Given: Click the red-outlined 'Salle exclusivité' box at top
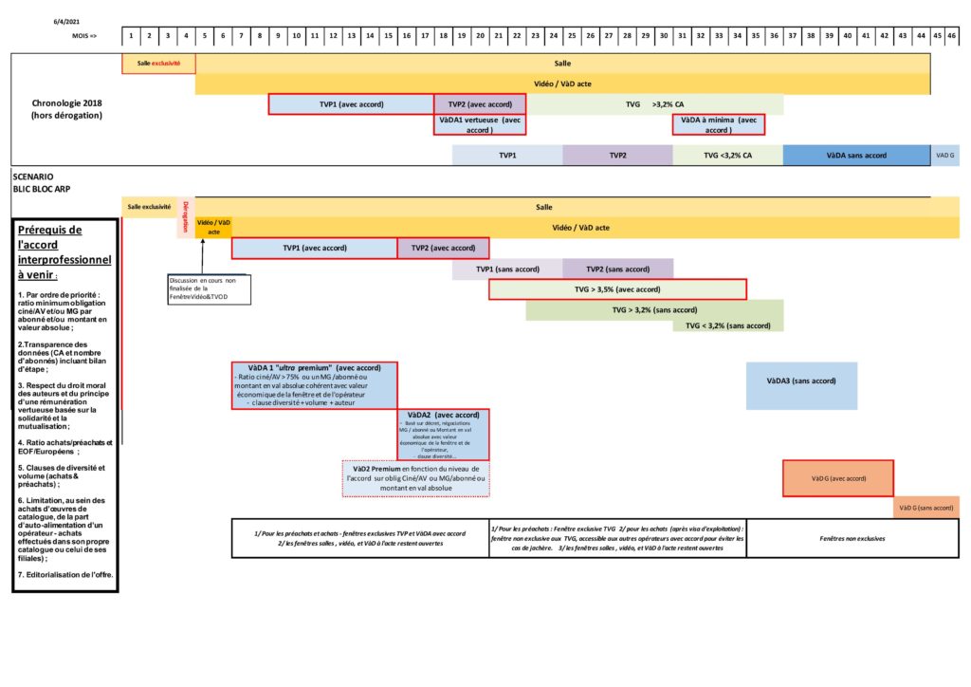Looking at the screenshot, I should click(x=158, y=64).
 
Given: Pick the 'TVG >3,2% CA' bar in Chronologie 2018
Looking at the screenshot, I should click(x=655, y=103).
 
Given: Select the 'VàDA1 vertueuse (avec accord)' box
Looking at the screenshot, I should click(x=480, y=124).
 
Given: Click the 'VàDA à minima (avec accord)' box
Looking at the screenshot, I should click(x=719, y=124).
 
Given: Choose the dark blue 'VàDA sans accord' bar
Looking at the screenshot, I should click(x=856, y=155).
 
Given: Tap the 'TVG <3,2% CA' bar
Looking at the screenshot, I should click(x=728, y=155).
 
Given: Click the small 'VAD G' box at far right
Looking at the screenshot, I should click(x=945, y=155).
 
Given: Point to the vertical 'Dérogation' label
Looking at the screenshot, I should click(x=186, y=216).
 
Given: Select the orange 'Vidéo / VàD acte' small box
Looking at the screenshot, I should click(x=213, y=228).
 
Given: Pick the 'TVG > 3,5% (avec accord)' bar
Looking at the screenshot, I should click(x=617, y=288).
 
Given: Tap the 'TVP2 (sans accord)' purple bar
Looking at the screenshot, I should click(x=617, y=269).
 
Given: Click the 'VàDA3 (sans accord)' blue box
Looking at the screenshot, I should click(x=801, y=381).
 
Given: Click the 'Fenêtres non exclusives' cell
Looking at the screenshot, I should click(x=852, y=538).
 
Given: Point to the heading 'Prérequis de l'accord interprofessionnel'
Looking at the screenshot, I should click(x=64, y=251).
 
